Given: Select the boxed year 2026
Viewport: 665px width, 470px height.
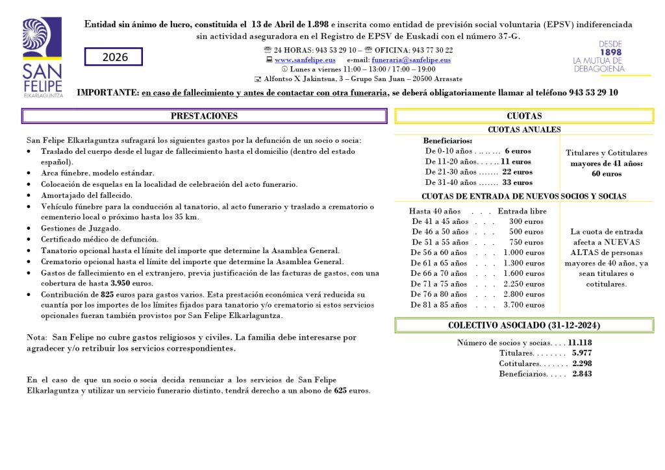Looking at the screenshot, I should [x=114, y=57].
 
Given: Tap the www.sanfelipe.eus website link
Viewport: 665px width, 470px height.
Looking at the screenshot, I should [x=300, y=60].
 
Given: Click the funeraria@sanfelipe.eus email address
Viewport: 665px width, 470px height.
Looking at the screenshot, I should [x=411, y=60].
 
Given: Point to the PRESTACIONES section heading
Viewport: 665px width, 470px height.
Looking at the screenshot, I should [x=204, y=116].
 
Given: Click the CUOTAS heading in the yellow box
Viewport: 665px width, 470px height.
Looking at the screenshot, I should [x=524, y=116].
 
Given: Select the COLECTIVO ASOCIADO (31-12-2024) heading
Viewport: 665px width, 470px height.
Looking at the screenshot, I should [x=524, y=325].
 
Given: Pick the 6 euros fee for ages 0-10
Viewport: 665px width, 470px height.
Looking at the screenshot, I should [x=518, y=151].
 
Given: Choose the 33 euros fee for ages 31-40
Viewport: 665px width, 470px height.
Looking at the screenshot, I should [x=517, y=182].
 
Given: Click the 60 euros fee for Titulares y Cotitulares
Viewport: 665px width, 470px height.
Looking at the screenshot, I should [x=606, y=174].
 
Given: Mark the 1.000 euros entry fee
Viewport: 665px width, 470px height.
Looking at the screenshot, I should [x=524, y=253].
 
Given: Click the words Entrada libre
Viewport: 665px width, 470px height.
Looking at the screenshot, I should [x=522, y=211].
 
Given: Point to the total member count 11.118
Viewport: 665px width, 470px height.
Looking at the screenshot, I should [x=579, y=343].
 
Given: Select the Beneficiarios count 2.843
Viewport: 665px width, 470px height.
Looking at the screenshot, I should [x=581, y=374].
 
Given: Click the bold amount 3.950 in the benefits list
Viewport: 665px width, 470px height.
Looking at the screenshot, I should [x=121, y=284].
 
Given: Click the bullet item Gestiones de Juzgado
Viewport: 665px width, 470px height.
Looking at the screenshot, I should [x=81, y=229].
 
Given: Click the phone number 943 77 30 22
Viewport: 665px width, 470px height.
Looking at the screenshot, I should [x=432, y=50].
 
